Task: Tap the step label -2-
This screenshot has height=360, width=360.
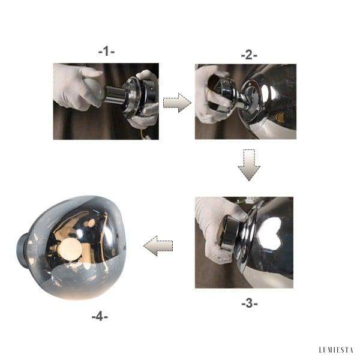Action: pyautogui.click(x=248, y=55)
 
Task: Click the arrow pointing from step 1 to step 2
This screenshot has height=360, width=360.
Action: pyautogui.click(x=177, y=103)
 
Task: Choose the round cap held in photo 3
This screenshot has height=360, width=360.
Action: pyautogui.click(x=230, y=238)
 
